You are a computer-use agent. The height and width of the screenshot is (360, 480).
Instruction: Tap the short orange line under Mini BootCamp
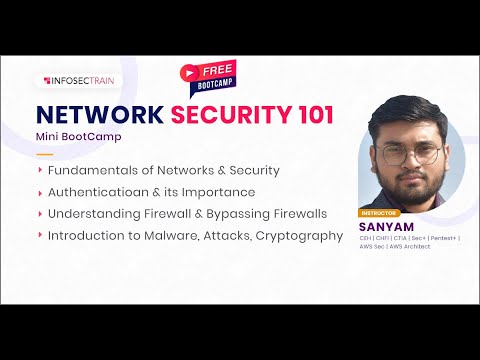pos(44,154)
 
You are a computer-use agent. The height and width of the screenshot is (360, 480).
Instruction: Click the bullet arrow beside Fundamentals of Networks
pos(40,170)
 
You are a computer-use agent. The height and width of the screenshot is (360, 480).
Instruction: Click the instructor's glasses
pos(404,156)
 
